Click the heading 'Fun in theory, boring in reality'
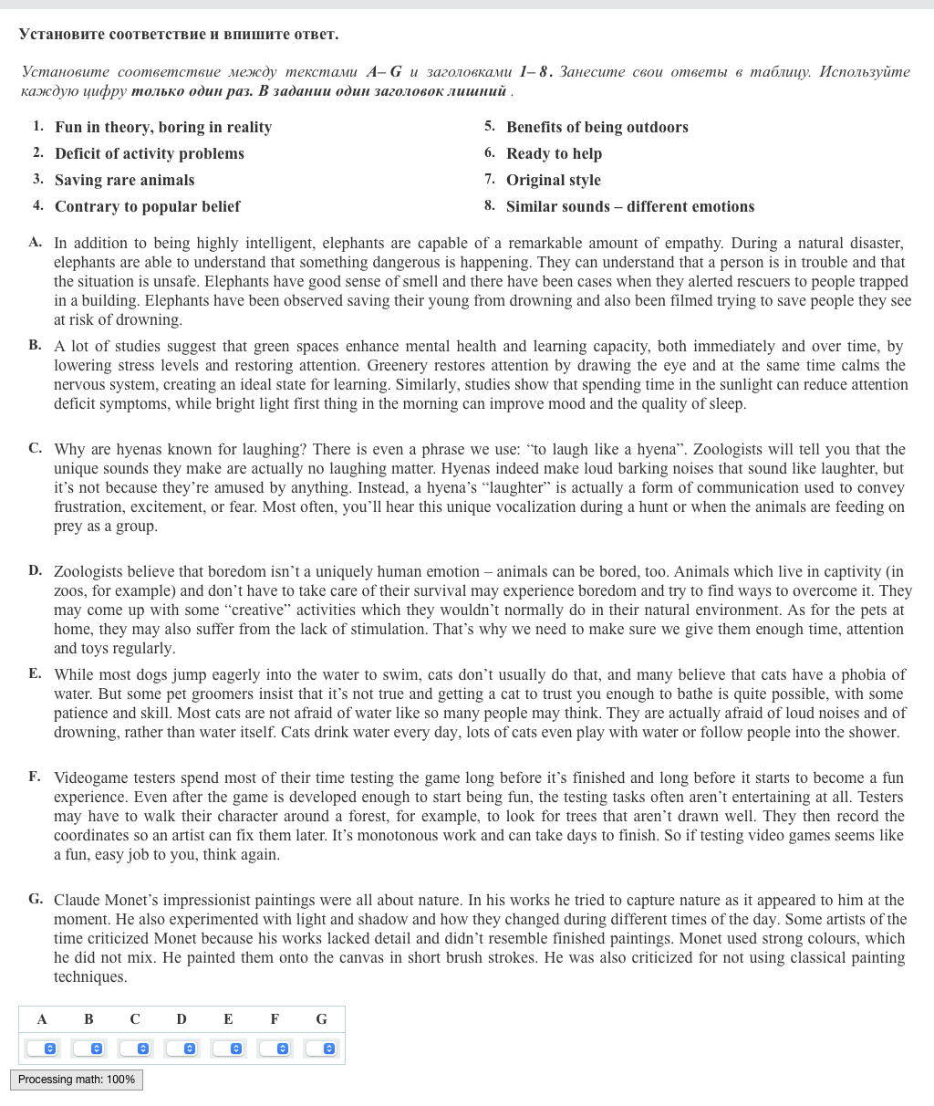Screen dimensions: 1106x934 click(x=163, y=127)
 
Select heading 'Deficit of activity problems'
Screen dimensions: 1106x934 click(x=150, y=153)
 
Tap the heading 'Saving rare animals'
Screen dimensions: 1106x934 click(x=124, y=180)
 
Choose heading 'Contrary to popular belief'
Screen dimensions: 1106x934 click(x=147, y=206)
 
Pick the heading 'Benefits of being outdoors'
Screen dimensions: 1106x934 click(x=597, y=127)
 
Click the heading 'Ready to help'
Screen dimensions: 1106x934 click(x=554, y=153)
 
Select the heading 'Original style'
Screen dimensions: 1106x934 click(x=554, y=180)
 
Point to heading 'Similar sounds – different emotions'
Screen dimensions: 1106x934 click(x=630, y=206)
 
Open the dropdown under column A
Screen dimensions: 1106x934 click(x=42, y=1049)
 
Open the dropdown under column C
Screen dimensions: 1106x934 click(x=135, y=1049)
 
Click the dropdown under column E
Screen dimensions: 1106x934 click(x=228, y=1049)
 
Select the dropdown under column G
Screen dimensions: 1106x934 click(x=321, y=1049)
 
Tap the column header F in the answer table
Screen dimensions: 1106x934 click(x=275, y=1019)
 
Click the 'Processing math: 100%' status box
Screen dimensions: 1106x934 click(x=77, y=1080)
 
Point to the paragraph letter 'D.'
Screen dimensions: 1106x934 click(x=35, y=570)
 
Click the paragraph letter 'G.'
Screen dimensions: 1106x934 click(x=36, y=899)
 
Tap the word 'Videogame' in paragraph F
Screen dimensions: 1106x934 click(x=91, y=777)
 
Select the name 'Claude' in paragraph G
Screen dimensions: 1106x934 click(x=77, y=900)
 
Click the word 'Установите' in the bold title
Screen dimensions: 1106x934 click(x=61, y=35)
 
